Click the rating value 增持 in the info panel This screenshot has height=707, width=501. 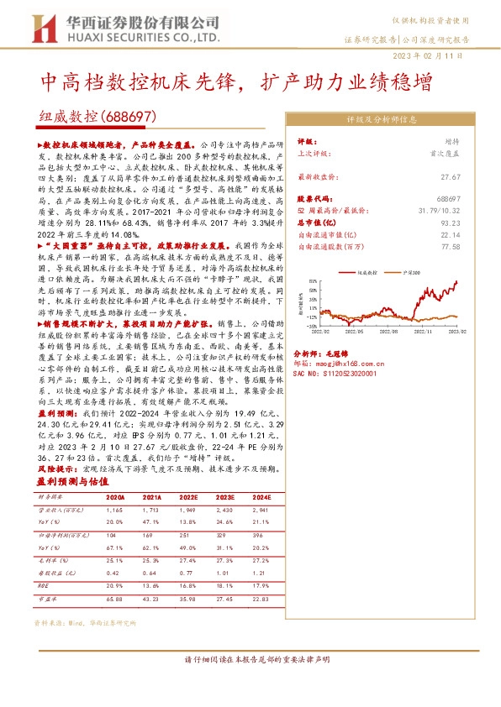tap(452, 143)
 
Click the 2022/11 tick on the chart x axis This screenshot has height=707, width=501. tap(415, 332)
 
